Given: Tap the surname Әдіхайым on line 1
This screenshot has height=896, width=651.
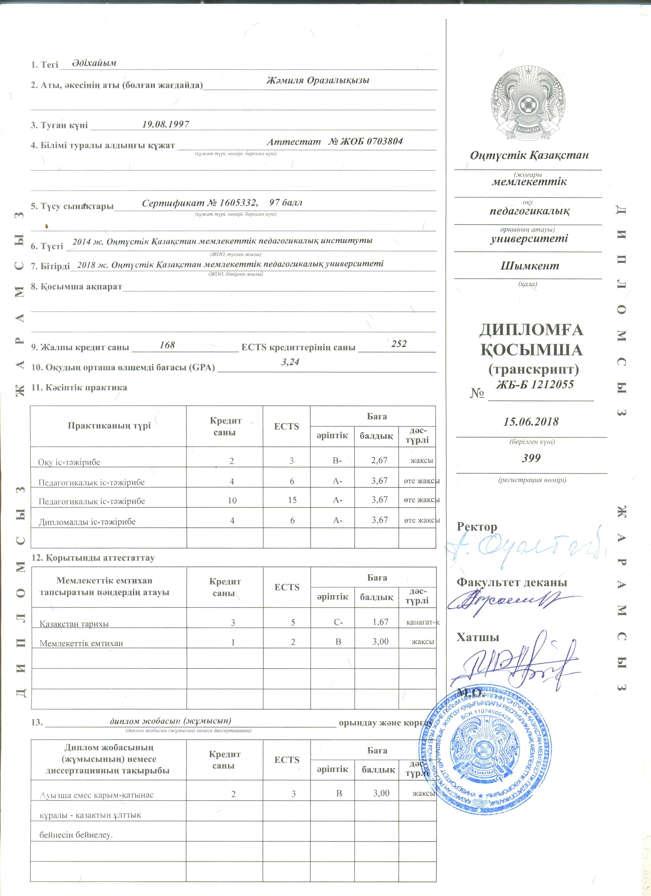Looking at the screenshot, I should [x=94, y=63].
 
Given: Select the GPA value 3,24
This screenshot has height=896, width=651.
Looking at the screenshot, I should [x=290, y=362].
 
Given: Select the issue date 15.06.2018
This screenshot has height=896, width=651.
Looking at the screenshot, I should [x=531, y=421].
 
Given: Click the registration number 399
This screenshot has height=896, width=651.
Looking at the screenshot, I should [x=531, y=458].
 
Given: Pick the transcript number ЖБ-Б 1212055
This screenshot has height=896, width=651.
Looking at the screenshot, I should [x=535, y=384].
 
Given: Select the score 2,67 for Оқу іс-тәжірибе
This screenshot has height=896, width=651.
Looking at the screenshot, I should [x=379, y=460].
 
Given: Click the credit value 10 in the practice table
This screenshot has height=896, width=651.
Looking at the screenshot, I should [x=232, y=501].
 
